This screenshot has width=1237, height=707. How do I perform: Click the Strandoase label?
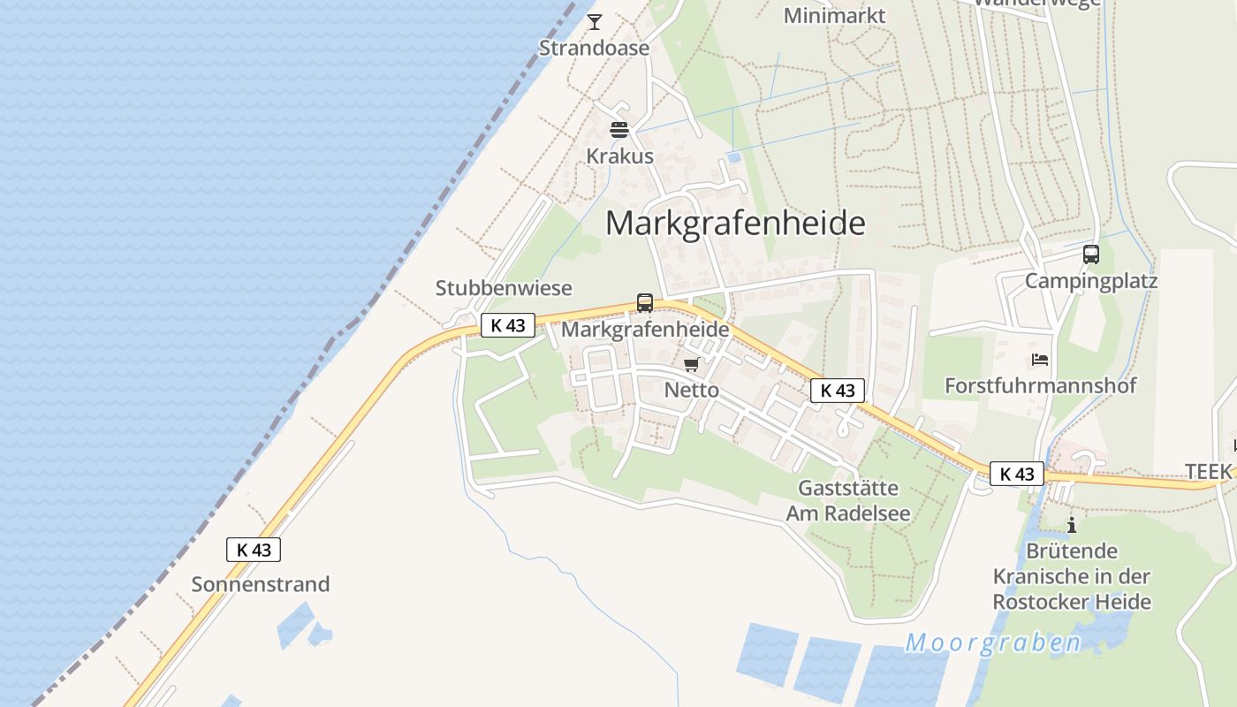click(594, 49)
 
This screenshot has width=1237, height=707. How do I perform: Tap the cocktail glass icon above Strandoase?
click(595, 21)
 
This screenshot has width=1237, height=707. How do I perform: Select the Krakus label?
click(619, 156)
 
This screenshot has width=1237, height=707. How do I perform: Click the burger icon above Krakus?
click(618, 130)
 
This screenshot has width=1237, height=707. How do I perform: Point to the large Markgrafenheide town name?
click(735, 223)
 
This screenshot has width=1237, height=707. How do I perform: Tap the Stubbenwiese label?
click(504, 288)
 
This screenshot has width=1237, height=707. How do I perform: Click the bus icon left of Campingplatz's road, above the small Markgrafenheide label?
click(645, 303)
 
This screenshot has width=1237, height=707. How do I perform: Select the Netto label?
click(691, 390)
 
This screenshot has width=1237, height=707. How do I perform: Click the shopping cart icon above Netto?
click(692, 364)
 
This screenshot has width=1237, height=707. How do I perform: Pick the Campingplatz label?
click(1090, 281)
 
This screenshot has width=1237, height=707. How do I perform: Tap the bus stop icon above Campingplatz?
click(1091, 255)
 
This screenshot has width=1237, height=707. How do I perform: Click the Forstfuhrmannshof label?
click(1040, 385)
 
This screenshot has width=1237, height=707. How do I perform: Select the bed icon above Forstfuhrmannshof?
click(1040, 360)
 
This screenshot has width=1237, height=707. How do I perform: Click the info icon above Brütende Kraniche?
click(1072, 525)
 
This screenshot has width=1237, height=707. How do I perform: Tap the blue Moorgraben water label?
click(992, 642)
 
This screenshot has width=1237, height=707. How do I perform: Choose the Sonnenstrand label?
click(261, 584)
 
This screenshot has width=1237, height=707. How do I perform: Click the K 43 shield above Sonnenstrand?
click(254, 550)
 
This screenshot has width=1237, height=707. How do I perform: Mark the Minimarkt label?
click(834, 16)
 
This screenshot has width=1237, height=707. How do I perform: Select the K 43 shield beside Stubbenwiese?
click(508, 325)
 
